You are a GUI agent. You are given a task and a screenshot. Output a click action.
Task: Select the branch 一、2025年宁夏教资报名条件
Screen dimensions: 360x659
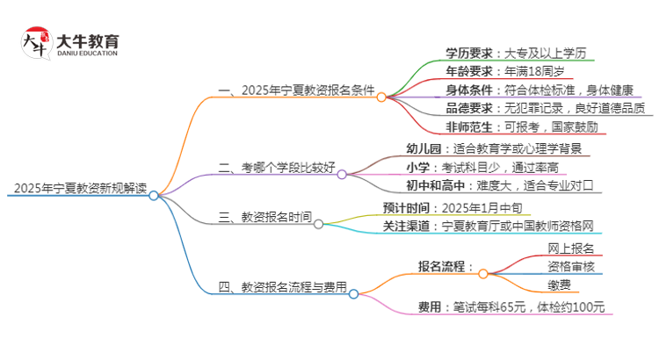(x=296, y=90)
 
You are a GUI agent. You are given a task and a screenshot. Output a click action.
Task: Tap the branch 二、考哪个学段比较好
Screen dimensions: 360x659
(x=276, y=165)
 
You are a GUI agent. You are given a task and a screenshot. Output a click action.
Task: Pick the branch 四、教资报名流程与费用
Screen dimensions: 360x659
(x=282, y=286)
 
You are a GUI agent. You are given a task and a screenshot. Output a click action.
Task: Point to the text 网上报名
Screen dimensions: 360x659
(x=570, y=248)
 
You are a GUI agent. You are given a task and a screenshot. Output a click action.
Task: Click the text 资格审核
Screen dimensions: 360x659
(x=570, y=266)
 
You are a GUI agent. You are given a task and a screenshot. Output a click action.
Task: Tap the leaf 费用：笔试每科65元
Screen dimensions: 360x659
(x=512, y=306)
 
